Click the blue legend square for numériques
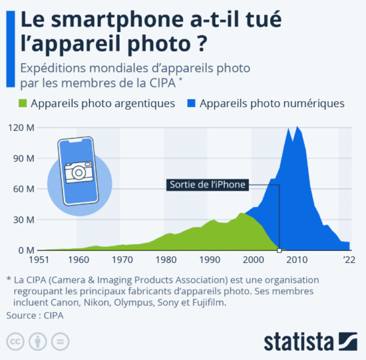coord(192,104)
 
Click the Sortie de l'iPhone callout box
coord(207,185)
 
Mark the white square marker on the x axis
coord(279,250)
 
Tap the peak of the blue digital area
coord(298,127)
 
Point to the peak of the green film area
coord(242,213)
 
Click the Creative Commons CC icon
coord(14,342)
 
